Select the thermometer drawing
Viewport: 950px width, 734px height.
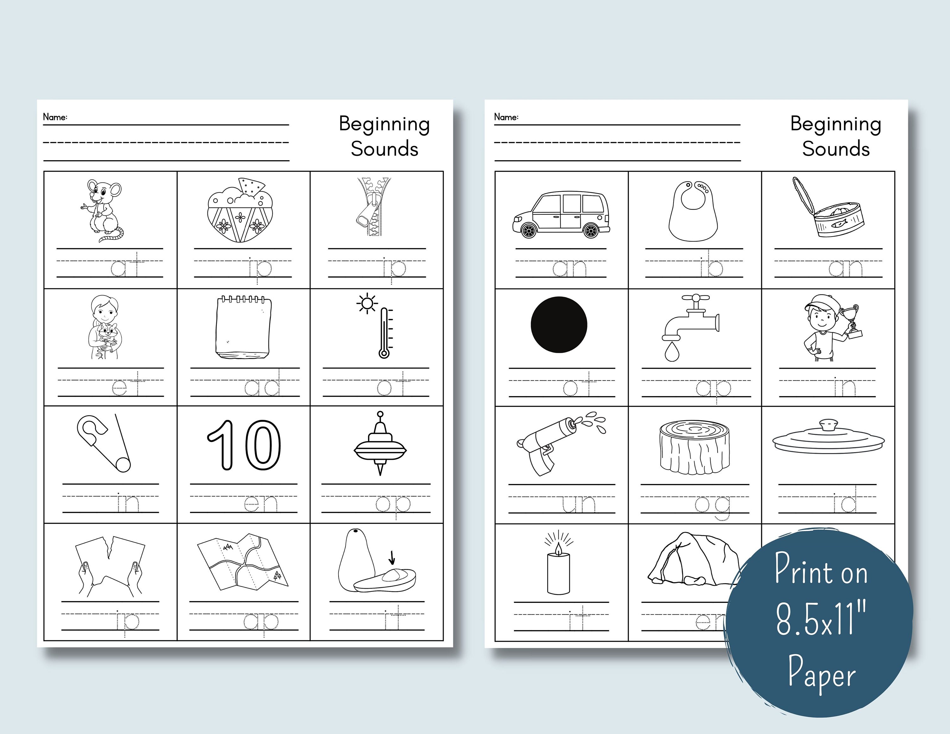click(383, 333)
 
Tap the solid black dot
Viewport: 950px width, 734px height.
click(559, 324)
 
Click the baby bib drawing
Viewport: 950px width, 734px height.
click(693, 211)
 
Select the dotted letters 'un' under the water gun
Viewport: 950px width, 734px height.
click(578, 503)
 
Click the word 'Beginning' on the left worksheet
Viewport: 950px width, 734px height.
click(384, 125)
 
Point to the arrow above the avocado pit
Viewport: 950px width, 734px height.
click(391, 557)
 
